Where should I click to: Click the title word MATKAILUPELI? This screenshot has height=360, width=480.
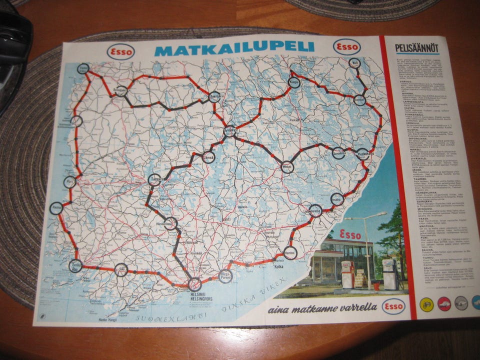[234, 48]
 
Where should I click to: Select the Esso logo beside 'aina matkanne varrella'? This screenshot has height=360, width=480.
[393, 306]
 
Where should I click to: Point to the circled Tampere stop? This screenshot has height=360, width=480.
[155, 180]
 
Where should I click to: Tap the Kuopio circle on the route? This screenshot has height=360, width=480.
[294, 82]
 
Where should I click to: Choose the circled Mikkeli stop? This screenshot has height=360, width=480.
[287, 166]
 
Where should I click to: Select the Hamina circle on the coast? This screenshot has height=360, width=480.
[290, 252]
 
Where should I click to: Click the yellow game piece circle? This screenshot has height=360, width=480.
[425, 303]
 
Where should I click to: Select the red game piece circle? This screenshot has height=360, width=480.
[443, 303]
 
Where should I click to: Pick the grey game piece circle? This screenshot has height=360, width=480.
[461, 303]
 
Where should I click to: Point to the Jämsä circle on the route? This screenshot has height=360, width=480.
[210, 156]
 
